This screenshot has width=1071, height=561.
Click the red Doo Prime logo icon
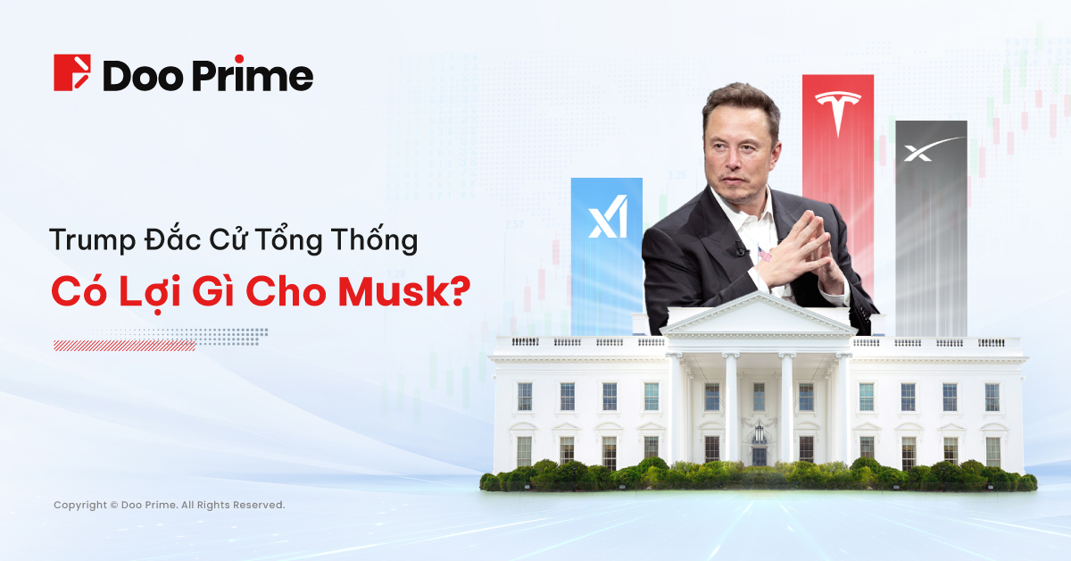click(72, 73)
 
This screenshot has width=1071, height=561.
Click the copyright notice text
click(170, 505)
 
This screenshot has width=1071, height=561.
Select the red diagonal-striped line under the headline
click(124, 345)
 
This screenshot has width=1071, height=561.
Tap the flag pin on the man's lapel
click(764, 256)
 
